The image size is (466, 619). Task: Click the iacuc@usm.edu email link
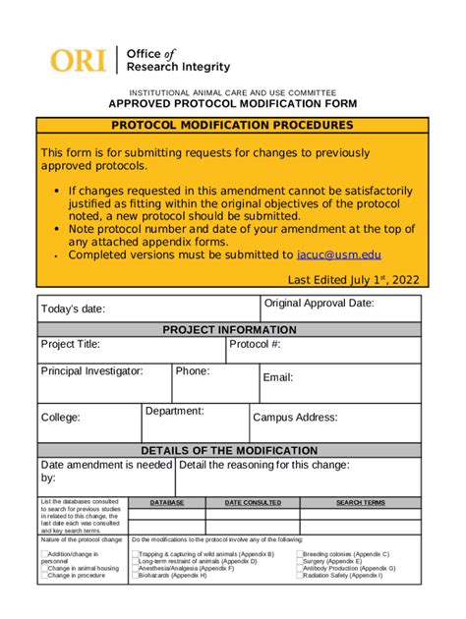coord(339,254)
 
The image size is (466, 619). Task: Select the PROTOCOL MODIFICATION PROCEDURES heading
coord(232,126)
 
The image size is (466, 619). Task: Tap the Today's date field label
coord(73,309)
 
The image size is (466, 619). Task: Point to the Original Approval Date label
coord(320,304)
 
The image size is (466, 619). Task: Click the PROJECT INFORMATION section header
coord(229,330)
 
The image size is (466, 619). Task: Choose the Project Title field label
coord(70,345)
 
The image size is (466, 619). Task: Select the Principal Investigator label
coord(91,371)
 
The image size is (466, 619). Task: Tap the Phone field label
coord(192,371)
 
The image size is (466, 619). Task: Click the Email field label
coord(277,377)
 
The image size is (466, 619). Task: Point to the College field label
coord(60,418)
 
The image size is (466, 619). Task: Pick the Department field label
coord(174,411)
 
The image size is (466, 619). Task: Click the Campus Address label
coord(295,418)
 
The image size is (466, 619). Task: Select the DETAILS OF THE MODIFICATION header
coord(229,450)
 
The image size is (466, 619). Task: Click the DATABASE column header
coord(166,502)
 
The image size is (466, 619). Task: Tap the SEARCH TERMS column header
coord(361,502)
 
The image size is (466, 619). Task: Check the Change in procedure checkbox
coord(43,576)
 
